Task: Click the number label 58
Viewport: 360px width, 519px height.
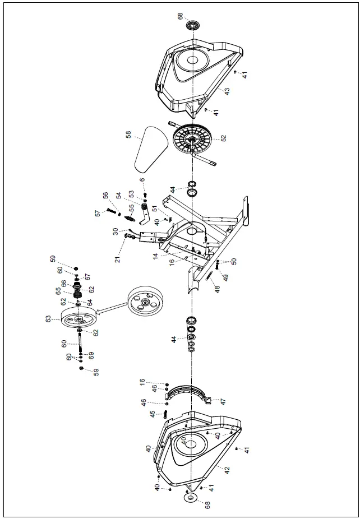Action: (x=128, y=135)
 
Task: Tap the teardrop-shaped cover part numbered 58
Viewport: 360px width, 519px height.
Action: (x=150, y=148)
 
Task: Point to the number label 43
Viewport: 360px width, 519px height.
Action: (x=227, y=91)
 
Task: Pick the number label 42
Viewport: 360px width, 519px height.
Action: (x=227, y=470)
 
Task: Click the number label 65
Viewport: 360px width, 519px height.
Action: (x=58, y=291)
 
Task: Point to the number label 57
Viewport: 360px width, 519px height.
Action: (x=97, y=214)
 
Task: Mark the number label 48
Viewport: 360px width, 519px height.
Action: (x=218, y=289)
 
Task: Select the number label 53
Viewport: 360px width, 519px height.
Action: (x=132, y=193)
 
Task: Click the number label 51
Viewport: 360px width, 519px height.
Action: (x=155, y=210)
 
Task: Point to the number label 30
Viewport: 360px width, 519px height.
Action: (x=115, y=230)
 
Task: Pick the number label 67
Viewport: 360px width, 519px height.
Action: (x=87, y=277)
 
